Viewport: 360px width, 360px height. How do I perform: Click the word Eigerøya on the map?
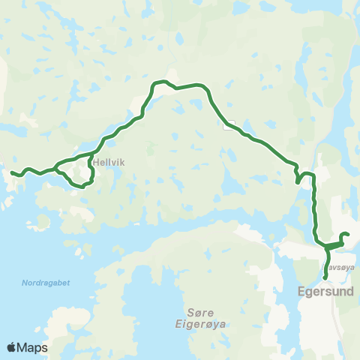[205, 324]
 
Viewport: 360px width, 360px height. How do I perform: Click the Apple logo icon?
[12, 347]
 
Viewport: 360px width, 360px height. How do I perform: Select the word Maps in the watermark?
[33, 347]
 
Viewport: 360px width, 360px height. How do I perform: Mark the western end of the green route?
[13, 174]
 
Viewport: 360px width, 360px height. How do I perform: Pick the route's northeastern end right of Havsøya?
[349, 235]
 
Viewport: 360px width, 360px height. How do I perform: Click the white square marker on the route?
[228, 125]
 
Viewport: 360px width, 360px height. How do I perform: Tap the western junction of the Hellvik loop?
[57, 167]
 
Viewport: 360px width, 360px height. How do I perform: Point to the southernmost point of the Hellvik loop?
[78, 184]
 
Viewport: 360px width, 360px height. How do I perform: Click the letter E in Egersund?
[302, 289]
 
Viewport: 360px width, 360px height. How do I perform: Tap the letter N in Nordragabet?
[23, 283]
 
